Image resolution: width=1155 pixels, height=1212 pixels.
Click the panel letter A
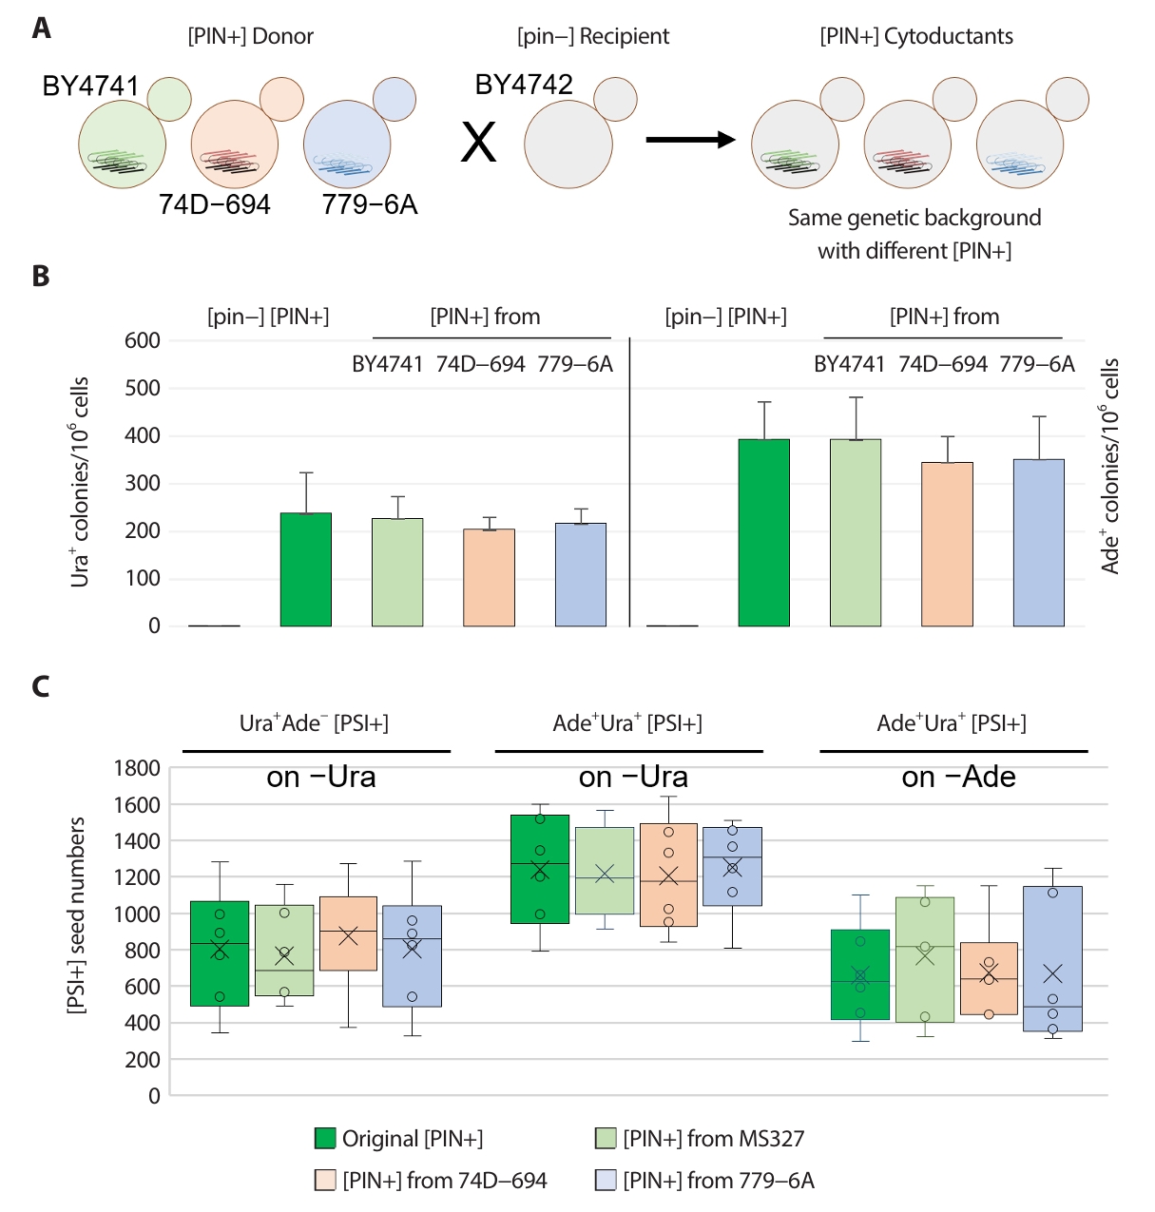41,29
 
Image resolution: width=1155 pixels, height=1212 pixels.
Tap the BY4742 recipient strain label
524,85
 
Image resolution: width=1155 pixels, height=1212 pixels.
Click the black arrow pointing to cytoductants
690,141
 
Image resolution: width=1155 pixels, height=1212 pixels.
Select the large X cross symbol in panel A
478,144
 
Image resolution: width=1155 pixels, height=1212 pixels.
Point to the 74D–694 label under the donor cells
215,204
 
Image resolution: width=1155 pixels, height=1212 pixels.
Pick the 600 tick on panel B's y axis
143,340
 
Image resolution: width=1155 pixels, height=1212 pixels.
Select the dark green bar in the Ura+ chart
306,569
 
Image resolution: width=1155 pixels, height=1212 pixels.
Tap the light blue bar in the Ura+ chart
580,574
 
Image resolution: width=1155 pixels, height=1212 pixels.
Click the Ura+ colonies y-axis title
80,482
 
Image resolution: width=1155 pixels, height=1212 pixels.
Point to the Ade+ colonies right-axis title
1110,466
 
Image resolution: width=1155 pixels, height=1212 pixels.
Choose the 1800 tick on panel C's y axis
137,768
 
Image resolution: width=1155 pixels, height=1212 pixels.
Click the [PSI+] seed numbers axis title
77,915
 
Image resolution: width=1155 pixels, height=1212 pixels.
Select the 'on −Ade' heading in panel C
958,778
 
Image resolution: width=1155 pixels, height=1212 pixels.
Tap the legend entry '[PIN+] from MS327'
713,1139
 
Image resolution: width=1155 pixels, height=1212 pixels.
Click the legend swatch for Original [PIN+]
325,1139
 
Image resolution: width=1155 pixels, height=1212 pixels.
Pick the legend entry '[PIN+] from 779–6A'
719,1181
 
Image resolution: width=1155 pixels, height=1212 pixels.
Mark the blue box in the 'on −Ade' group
1052,958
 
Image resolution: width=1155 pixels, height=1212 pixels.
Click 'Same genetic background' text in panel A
914,218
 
